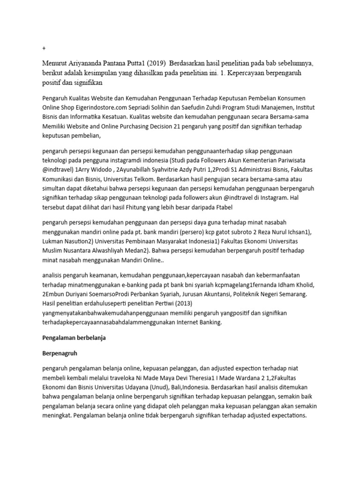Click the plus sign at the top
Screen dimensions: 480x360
44,48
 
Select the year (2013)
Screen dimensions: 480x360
178,304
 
